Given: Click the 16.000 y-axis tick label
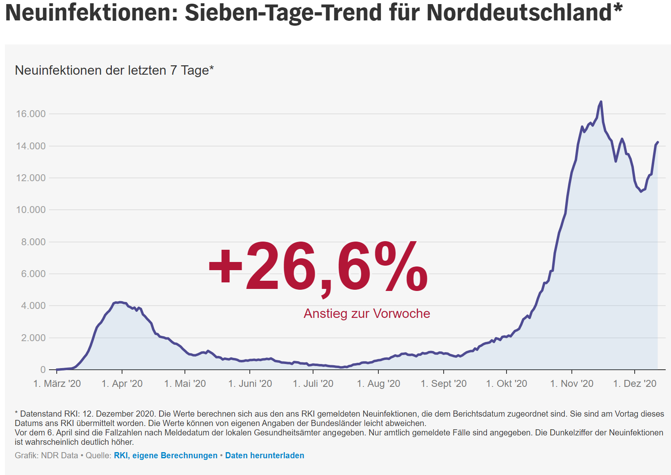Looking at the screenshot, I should tap(31, 114).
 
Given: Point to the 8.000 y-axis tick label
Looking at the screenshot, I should tap(33, 242).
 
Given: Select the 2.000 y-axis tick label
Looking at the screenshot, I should tap(33, 338).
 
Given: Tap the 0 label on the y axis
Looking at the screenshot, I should tap(43, 370).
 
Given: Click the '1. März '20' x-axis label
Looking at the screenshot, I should tap(57, 384).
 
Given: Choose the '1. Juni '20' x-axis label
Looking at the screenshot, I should tap(250, 384).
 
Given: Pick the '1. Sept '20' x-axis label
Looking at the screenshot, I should tap(444, 384).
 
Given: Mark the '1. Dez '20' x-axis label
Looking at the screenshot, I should tap(635, 384).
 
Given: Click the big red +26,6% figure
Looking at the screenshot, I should tap(318, 267).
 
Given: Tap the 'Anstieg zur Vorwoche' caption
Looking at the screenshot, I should tap(367, 313).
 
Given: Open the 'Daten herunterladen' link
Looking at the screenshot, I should tap(264, 455).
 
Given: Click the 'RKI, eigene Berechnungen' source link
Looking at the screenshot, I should tap(166, 455).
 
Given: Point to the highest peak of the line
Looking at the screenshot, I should tap(601, 102).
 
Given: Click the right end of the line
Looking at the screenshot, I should tap(658, 142).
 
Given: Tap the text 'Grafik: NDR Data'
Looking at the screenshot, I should tap(46, 455).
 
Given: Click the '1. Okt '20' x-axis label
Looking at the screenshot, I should tap(507, 384).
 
